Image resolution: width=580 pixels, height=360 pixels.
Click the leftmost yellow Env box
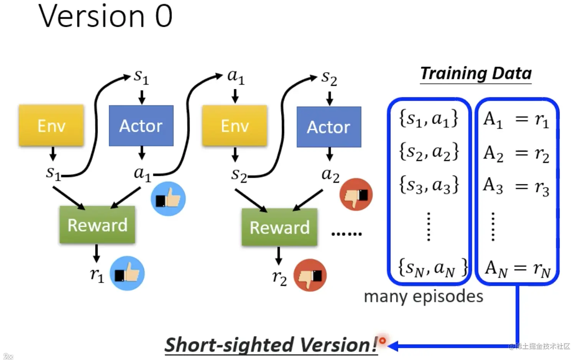point(51,125)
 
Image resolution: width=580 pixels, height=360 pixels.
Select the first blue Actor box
point(141,125)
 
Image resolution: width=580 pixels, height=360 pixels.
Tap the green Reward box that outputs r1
point(97,225)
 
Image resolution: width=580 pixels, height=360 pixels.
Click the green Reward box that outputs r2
point(279,227)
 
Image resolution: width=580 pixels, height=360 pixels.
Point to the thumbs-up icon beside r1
point(127,273)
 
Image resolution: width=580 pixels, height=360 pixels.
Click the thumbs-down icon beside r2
point(310,275)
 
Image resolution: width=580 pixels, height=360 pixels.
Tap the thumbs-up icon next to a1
point(168,199)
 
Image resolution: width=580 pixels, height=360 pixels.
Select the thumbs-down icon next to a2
point(356,194)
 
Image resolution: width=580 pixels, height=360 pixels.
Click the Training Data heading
point(476,74)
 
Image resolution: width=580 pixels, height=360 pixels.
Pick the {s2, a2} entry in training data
point(429,152)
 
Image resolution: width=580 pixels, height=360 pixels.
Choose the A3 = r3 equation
point(516,186)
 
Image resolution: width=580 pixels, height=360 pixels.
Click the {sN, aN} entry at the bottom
point(432,268)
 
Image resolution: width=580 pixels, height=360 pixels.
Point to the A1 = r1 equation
point(516,120)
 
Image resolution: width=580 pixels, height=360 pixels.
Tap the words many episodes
point(423,297)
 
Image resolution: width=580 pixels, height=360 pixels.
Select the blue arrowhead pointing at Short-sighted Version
point(393,346)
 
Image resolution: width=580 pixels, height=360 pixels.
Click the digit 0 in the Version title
point(164,16)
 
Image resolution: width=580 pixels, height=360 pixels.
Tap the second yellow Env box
point(235,125)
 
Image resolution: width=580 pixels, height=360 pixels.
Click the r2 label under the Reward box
point(280,278)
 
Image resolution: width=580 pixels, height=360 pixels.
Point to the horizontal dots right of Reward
point(346,234)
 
